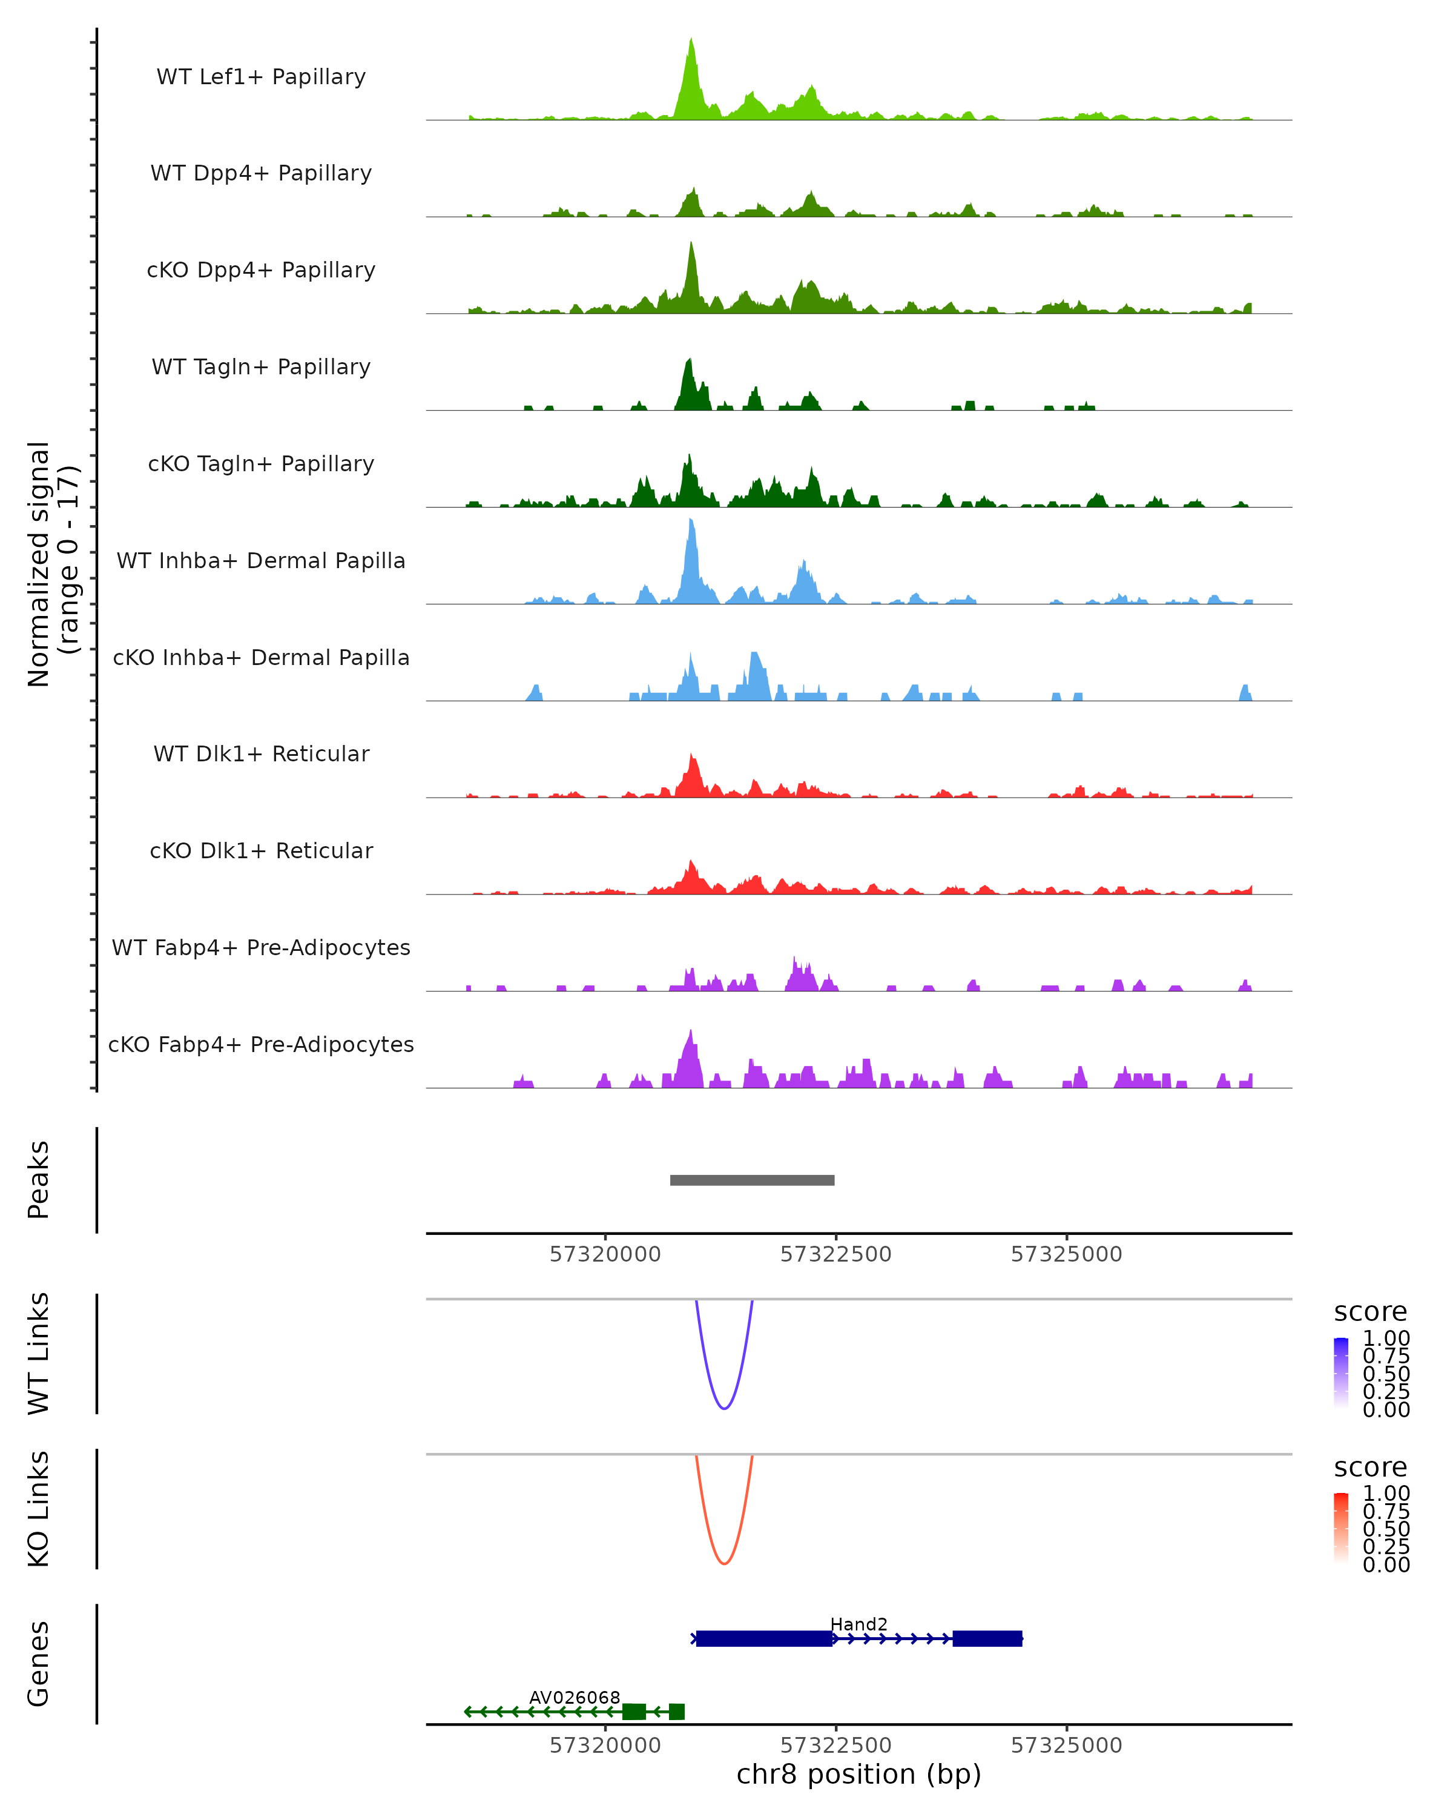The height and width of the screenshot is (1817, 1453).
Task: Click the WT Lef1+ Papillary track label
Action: [261, 77]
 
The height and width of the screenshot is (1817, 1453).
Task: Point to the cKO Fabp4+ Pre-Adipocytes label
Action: [261, 1044]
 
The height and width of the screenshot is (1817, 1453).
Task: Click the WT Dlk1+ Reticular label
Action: [261, 753]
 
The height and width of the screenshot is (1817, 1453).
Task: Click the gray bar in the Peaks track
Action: [752, 1180]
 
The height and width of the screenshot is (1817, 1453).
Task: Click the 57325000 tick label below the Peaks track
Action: [1066, 1254]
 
